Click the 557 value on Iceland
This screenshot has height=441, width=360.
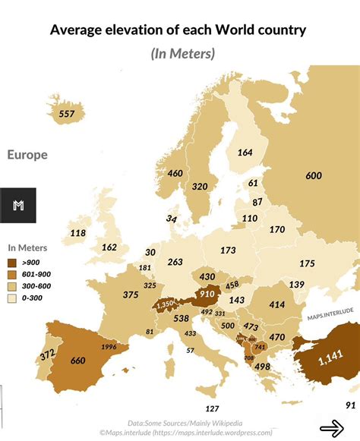pyautogui.click(x=67, y=114)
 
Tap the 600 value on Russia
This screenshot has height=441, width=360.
pyautogui.click(x=314, y=175)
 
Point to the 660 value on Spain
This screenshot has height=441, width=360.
pyautogui.click(x=77, y=361)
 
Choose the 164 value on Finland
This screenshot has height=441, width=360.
pyautogui.click(x=245, y=152)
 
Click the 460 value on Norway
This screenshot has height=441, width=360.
pyautogui.click(x=175, y=173)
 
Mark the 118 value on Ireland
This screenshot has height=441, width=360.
pyautogui.click(x=78, y=233)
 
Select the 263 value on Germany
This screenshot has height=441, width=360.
pyautogui.click(x=175, y=262)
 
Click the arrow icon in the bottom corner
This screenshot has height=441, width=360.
pyautogui.click(x=331, y=429)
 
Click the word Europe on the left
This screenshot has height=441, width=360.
pyautogui.click(x=27, y=155)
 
